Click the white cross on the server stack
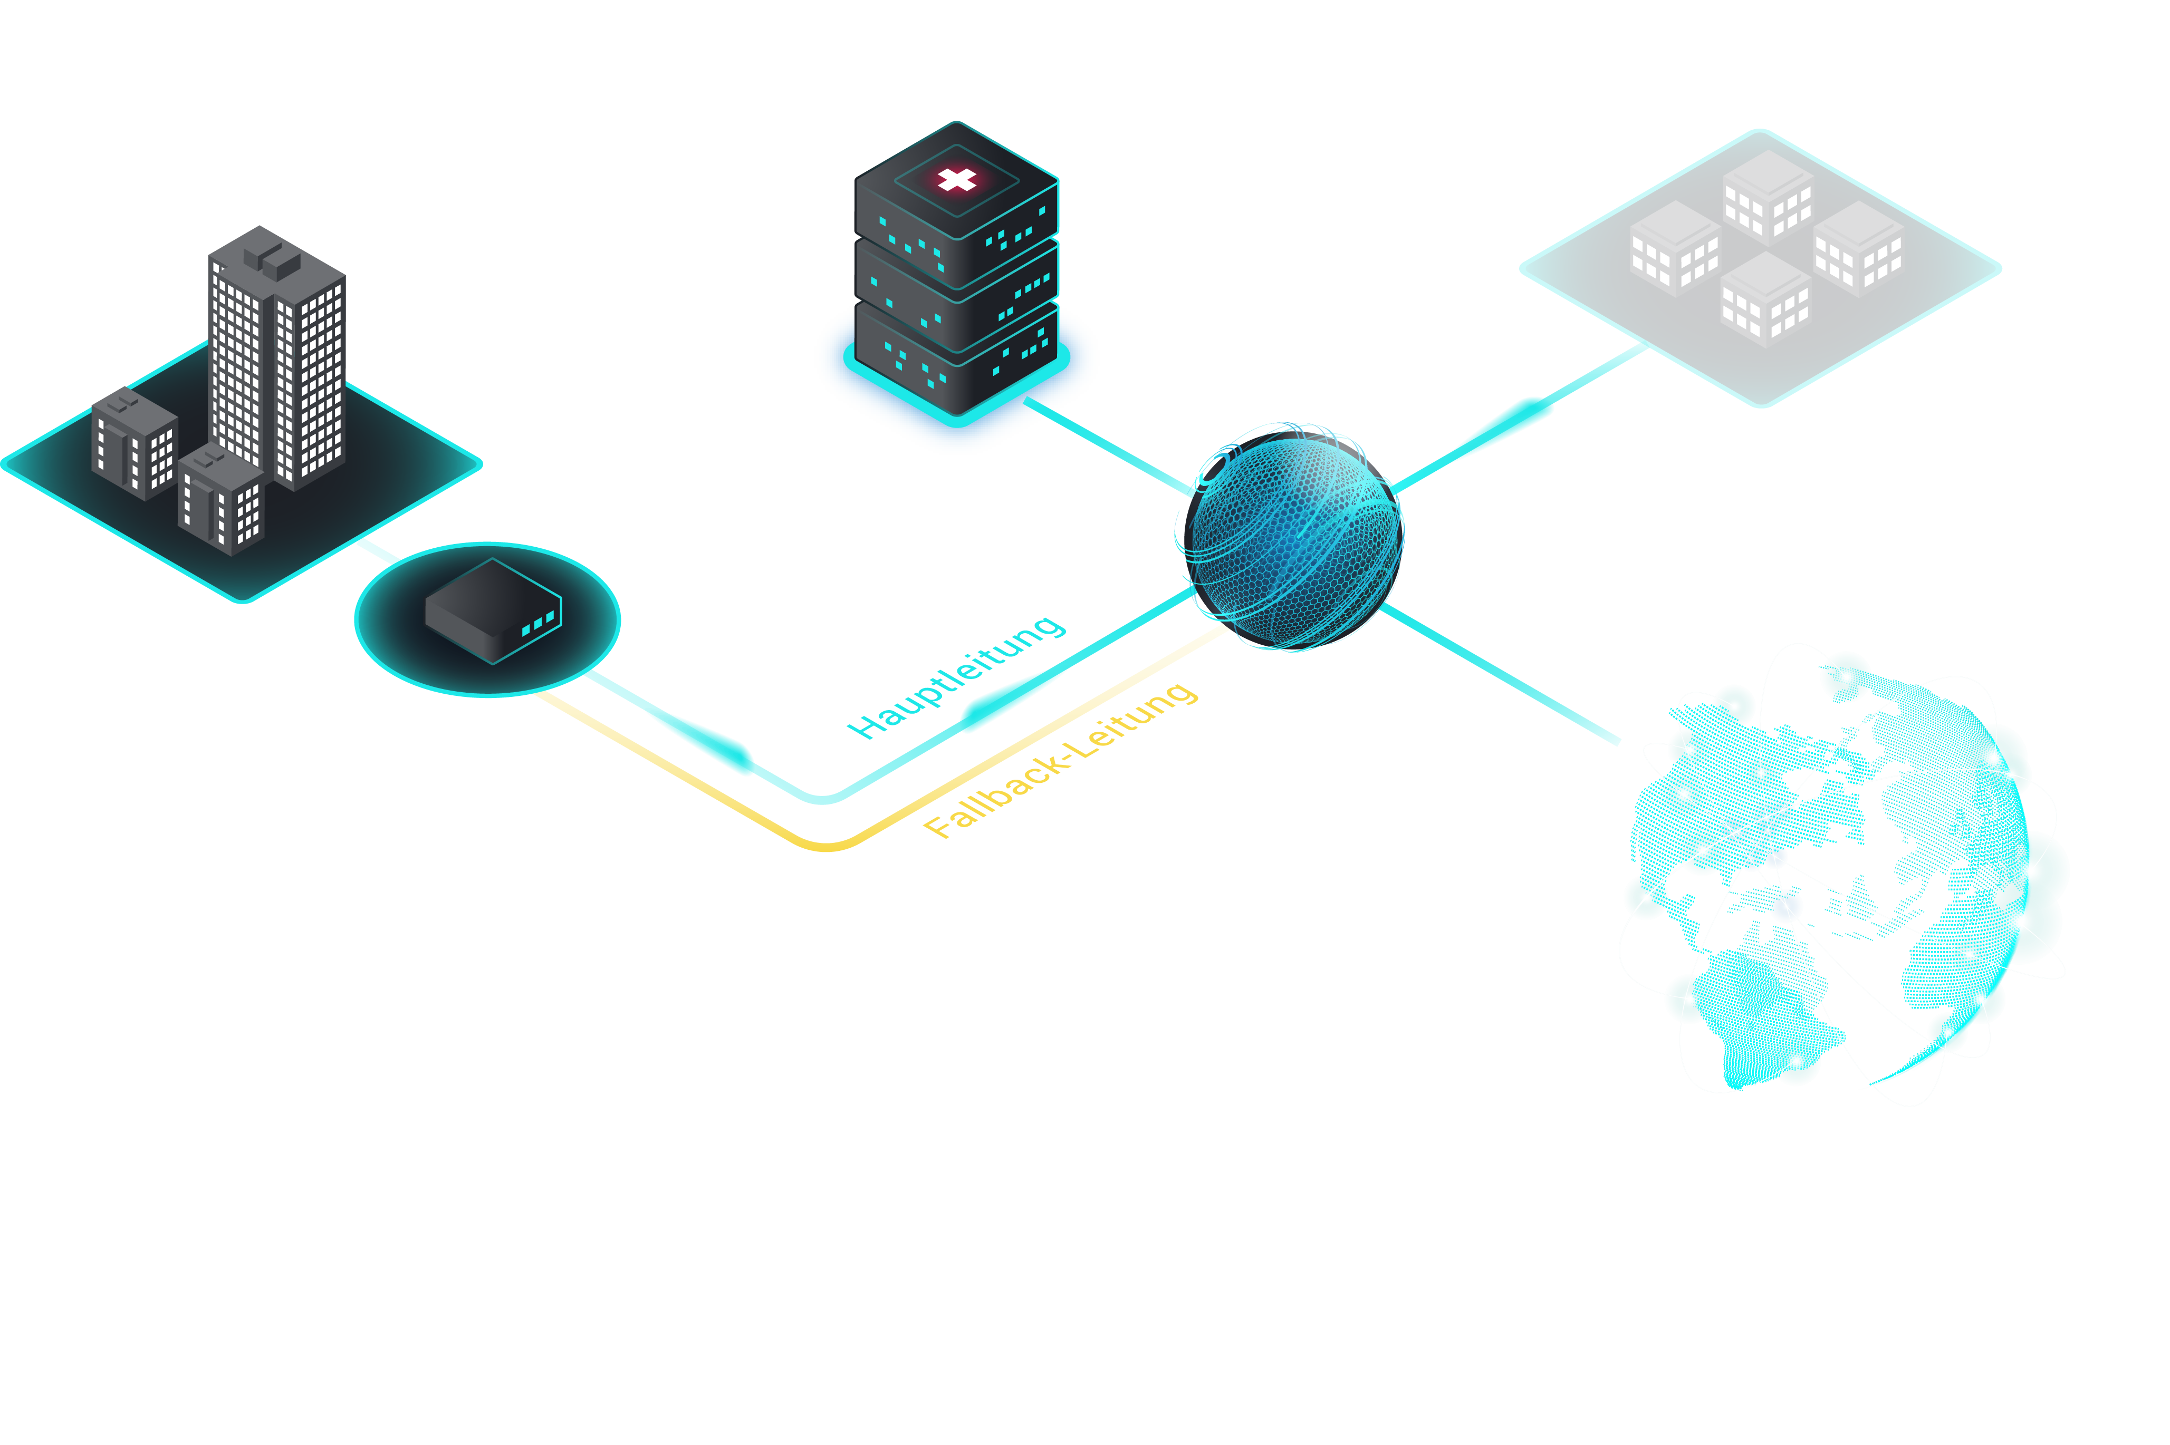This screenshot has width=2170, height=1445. click(957, 180)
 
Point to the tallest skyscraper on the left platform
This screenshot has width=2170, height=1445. click(276, 360)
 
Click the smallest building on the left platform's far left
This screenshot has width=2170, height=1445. click(133, 442)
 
